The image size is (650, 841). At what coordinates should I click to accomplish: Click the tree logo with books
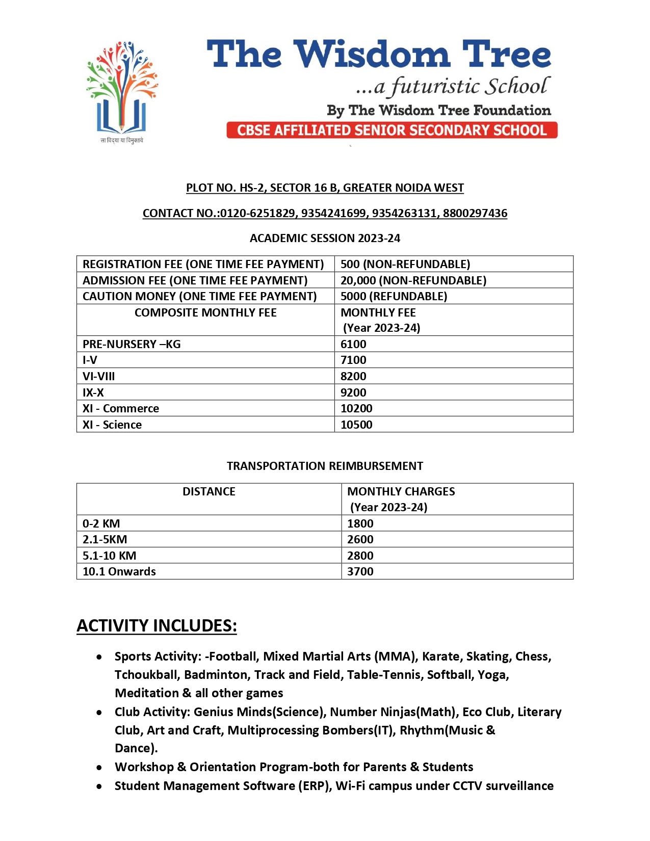click(122, 89)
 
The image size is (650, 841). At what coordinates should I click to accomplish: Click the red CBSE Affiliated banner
click(392, 130)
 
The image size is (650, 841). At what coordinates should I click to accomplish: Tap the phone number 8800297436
click(475, 213)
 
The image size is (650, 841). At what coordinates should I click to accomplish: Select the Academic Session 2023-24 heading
click(325, 238)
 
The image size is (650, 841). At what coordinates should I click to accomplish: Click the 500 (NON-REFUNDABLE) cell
click(405, 264)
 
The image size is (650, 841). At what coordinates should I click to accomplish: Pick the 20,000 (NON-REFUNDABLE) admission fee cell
click(413, 280)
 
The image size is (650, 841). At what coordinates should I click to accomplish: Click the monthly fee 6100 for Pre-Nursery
click(353, 344)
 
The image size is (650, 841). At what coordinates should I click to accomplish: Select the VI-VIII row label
click(99, 376)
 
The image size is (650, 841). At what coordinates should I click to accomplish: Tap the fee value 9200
click(353, 392)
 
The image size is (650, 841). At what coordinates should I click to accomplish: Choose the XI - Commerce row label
click(121, 408)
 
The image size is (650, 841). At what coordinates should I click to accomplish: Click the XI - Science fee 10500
click(356, 425)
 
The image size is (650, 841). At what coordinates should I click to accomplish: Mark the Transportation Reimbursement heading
click(325, 466)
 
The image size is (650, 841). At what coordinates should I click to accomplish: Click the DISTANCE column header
click(209, 491)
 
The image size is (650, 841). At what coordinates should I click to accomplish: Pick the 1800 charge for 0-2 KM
click(360, 523)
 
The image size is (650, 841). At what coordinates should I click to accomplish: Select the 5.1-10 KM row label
click(110, 556)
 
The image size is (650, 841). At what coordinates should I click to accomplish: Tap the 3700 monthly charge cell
click(360, 571)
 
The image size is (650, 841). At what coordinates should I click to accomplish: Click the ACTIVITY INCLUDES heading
click(157, 625)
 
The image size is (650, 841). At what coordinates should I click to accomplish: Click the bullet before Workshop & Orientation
click(99, 768)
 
